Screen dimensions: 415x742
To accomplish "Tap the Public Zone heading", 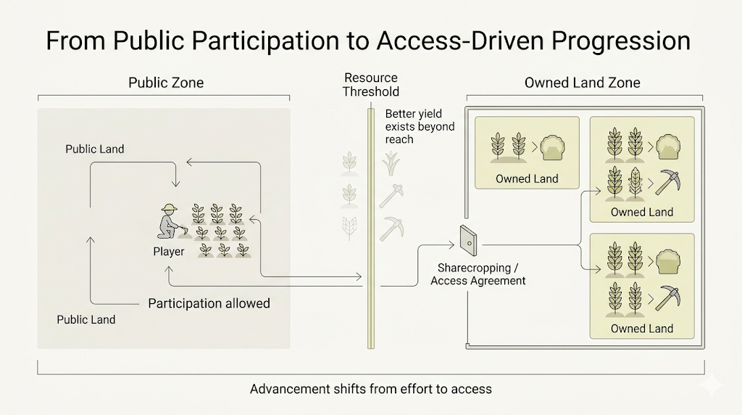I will coord(166,83).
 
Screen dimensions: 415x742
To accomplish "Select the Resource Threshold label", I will coord(371,85).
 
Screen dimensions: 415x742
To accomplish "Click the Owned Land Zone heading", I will coord(583,83).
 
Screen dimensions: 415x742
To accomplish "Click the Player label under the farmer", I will coord(169,252).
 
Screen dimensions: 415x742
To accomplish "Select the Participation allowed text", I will coord(209,303).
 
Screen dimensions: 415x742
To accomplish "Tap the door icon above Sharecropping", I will coord(466,240).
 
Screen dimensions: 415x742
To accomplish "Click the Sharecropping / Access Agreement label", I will coord(478,274).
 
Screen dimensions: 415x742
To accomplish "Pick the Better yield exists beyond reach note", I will coord(420,126).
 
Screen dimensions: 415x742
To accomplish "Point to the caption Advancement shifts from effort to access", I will coord(371,389).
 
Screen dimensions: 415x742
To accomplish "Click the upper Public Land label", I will coord(95,149).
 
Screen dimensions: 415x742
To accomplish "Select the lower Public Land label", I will coord(86,319).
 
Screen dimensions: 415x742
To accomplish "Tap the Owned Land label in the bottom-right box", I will coord(642,329).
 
